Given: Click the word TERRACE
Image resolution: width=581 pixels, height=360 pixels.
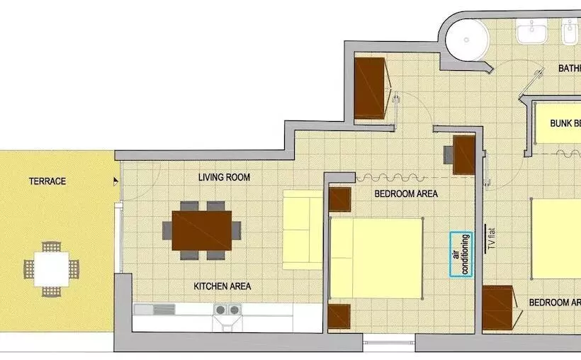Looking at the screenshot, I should pyautogui.click(x=47, y=181).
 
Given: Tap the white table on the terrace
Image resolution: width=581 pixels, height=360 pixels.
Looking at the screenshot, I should pyautogui.click(x=51, y=269).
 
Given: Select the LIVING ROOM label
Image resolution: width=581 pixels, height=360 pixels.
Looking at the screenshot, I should pyautogui.click(x=224, y=177).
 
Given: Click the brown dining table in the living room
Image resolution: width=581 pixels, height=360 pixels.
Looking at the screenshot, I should pyautogui.click(x=202, y=230).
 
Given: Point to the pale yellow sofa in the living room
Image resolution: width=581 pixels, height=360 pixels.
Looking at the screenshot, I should pyautogui.click(x=303, y=230).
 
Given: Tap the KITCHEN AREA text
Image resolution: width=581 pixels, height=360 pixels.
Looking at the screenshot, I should pyautogui.click(x=222, y=286).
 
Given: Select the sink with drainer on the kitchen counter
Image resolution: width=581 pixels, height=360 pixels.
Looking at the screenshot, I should pyautogui.click(x=154, y=310).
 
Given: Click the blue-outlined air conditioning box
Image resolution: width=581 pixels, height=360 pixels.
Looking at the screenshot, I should pyautogui.click(x=461, y=254).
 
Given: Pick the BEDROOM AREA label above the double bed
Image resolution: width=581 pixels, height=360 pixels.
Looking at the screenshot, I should pyautogui.click(x=406, y=193).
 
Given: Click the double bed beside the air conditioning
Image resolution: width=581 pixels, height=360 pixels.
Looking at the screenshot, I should pyautogui.click(x=376, y=258).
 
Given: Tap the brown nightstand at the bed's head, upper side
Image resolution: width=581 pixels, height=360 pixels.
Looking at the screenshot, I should pyautogui.click(x=340, y=199).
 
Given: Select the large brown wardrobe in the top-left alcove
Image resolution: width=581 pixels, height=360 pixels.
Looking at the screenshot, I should pyautogui.click(x=370, y=88).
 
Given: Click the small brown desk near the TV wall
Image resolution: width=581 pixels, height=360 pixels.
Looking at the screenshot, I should pyautogui.click(x=463, y=154).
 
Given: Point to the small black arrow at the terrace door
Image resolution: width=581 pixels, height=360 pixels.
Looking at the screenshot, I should pyautogui.click(x=115, y=181).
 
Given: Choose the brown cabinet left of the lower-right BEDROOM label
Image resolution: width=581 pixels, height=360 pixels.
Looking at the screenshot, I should pyautogui.click(x=499, y=308).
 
